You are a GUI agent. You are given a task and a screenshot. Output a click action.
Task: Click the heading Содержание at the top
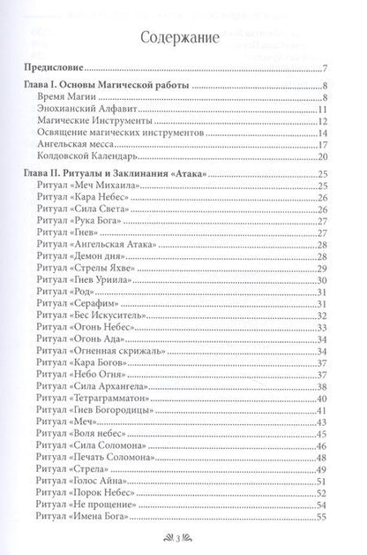183,37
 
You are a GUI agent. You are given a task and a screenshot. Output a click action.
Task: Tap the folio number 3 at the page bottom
183,538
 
